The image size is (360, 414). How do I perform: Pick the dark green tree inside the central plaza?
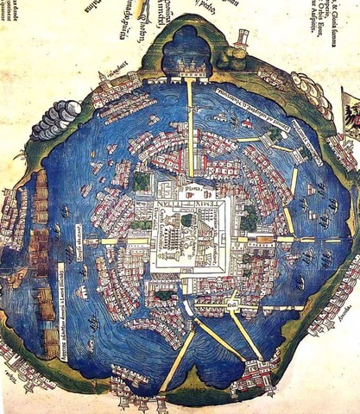pyautogui.click(x=185, y=221)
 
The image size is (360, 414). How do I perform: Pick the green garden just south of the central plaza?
pyautogui.click(x=165, y=295)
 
